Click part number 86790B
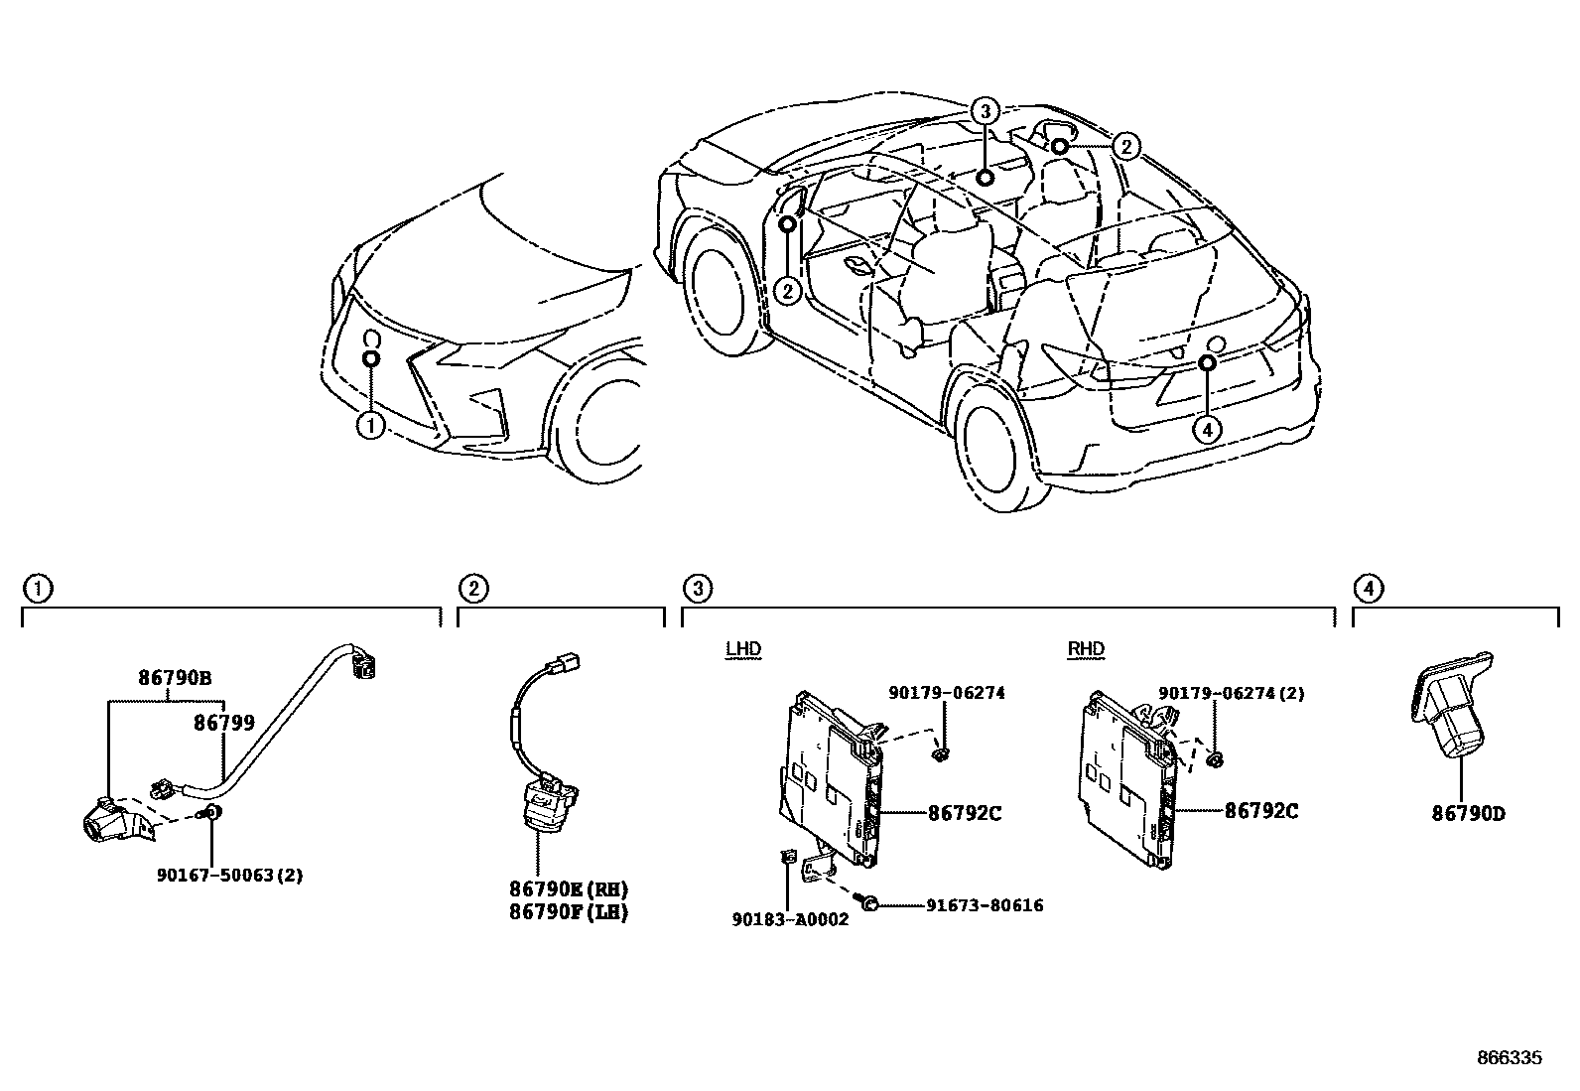[x=175, y=680]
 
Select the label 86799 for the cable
[x=224, y=724]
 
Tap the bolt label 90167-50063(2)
[x=229, y=875]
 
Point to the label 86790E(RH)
[x=569, y=888]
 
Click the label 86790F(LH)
[x=569, y=911]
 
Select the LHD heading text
[x=742, y=649]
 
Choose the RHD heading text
[x=1086, y=649]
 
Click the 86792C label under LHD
[x=965, y=813]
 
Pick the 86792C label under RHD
[x=1261, y=810]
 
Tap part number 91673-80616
[x=985, y=905]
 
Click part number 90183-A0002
[x=790, y=919]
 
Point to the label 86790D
[x=1468, y=814]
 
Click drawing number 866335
[x=1509, y=1058]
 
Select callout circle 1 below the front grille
[x=370, y=426]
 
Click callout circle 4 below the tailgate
[x=1207, y=429]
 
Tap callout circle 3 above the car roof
[x=984, y=111]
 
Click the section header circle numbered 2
[x=473, y=589]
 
